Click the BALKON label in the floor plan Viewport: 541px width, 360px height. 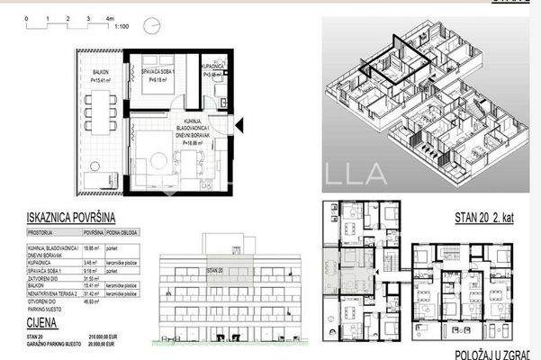(x=100, y=73)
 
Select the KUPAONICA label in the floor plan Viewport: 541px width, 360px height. (x=213, y=67)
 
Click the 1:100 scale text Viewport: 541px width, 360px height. (x=122, y=27)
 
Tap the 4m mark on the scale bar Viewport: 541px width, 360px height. (x=108, y=17)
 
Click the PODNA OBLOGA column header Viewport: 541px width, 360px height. (x=124, y=231)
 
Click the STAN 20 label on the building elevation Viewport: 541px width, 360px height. (x=212, y=269)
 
